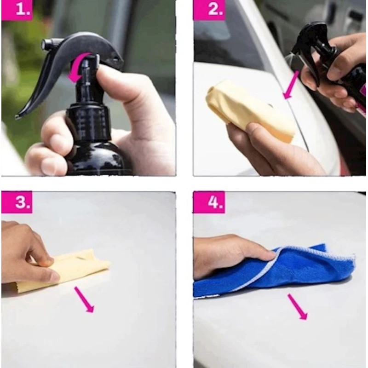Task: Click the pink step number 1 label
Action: click(x=17, y=10)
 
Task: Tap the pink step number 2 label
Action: click(x=209, y=10)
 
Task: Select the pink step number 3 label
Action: click(x=17, y=202)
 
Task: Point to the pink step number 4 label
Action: click(x=209, y=202)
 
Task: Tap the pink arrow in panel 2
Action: click(x=291, y=85)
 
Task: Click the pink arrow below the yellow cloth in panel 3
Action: click(x=85, y=300)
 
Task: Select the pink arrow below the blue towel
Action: click(x=298, y=307)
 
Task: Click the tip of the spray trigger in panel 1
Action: click(x=17, y=117)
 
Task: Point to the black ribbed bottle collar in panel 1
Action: click(x=89, y=124)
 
